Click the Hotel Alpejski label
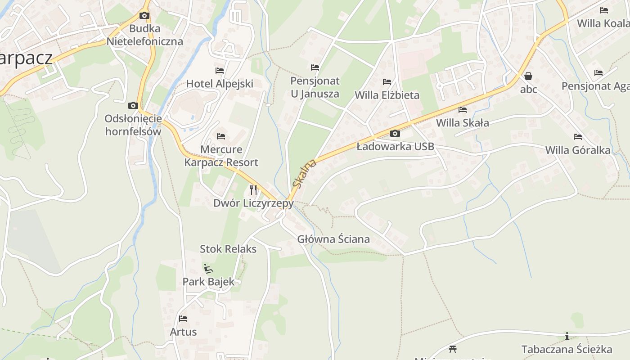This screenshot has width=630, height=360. coord(220,84)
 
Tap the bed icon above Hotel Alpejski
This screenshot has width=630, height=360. coord(220,71)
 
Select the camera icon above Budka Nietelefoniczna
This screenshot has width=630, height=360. coord(144,16)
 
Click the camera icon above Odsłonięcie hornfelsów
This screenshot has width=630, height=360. coord(133,106)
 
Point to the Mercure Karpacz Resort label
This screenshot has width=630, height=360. coord(221,156)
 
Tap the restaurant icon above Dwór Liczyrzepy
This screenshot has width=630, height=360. coord(253,190)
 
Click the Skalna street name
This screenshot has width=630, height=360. coord(305,174)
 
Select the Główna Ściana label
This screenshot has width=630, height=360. coord(333,239)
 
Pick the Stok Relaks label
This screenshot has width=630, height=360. coord(228,249)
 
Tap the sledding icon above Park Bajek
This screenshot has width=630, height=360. coord(208,269)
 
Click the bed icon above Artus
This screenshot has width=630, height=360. coord(183,319)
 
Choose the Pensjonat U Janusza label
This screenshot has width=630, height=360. coord(315,87)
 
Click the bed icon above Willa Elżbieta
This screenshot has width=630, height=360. coord(387,82)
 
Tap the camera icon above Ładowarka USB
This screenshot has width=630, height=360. coord(395,133)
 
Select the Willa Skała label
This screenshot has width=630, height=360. coord(462,122)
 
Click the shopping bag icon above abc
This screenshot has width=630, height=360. coord(528,76)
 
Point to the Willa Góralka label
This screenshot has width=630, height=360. coord(578,150)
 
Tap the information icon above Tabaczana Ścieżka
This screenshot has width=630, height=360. coord(567,336)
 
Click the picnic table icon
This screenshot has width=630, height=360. coord(453,349)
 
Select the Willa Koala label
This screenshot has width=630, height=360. coord(603,23)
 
